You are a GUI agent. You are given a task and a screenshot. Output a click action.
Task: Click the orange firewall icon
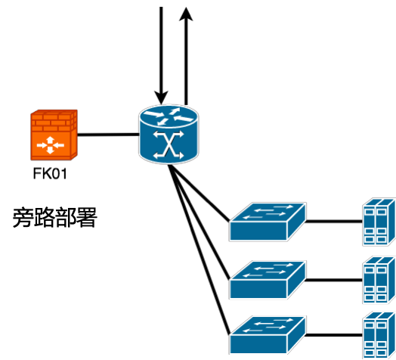pos(54,135)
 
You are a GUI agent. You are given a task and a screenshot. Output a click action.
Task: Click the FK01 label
pos(50,174)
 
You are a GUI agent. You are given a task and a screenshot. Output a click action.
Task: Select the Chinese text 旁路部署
pos(55,217)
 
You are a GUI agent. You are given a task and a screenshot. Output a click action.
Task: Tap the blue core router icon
pos(169,135)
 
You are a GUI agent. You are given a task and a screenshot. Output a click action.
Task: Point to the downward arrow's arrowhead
pos(161,98)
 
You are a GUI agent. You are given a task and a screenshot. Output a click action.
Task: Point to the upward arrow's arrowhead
pos(186,14)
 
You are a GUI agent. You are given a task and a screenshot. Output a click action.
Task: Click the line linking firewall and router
pos(108,135)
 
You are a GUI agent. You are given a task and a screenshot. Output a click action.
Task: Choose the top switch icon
pos(268,222)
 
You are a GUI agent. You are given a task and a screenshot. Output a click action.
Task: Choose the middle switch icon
pos(268,280)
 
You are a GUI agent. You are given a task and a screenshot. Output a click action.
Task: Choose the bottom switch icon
pos(268,335)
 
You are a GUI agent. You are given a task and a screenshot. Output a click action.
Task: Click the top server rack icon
pos(379,222)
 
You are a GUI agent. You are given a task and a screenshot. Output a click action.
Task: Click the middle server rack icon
pos(379,280)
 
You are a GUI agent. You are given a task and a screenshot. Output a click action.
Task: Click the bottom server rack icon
pos(379,336)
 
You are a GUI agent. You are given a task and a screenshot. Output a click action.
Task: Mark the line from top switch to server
pos(334,222)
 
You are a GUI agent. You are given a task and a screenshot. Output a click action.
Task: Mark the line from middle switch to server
pos(334,280)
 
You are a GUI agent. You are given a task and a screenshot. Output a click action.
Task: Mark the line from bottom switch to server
pos(334,335)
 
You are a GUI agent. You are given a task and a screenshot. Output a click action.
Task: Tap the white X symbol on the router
pos(169,145)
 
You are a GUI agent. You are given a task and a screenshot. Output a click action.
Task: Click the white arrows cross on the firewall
pos(51,145)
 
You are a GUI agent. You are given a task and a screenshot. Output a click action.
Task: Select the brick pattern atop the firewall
pos(54,121)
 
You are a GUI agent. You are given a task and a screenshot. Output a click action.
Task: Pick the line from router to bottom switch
pos(200,250)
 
